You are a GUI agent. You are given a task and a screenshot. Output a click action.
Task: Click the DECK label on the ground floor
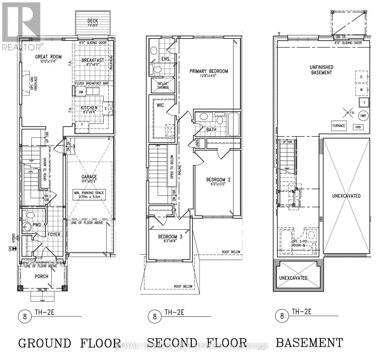pyautogui.click(x=93, y=21)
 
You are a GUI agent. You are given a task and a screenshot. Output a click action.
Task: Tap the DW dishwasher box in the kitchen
pyautogui.click(x=81, y=92)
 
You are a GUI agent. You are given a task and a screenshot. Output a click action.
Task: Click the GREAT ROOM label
pyautogui.click(x=48, y=56)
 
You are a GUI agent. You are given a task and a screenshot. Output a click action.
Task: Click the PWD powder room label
pyautogui.click(x=37, y=225)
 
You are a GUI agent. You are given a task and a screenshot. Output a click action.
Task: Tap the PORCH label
pyautogui.click(x=41, y=276)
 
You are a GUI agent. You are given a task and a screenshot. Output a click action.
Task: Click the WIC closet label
pyautogui.click(x=160, y=105)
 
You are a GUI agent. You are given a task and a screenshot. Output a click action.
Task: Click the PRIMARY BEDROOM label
pyautogui.click(x=208, y=71)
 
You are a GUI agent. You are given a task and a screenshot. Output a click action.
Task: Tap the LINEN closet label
pyautogui.click(x=197, y=143)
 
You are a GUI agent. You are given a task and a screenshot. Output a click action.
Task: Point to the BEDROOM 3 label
pyautogui.click(x=170, y=237)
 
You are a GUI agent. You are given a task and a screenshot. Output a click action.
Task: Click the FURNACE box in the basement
pyautogui.click(x=338, y=126)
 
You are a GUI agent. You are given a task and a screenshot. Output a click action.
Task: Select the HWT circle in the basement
pyautogui.click(x=363, y=116)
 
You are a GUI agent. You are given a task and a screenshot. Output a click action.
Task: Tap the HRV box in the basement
pyautogui.click(x=358, y=127)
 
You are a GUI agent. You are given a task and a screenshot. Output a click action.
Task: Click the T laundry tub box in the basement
pyautogui.click(x=364, y=103)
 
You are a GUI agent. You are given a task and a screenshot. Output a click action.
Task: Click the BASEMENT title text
pyautogui.click(x=309, y=343)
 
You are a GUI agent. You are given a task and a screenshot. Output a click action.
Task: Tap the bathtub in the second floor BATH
pyautogui.click(x=234, y=123)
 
